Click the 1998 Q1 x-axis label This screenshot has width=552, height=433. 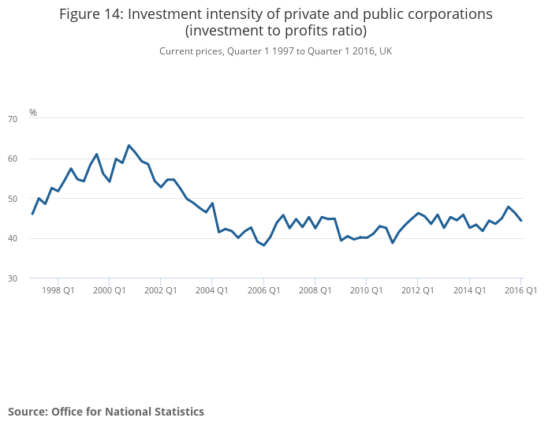click(59, 290)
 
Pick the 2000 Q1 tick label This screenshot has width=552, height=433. click(110, 290)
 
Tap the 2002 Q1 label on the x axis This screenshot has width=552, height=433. click(161, 290)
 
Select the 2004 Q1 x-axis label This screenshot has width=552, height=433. click(212, 290)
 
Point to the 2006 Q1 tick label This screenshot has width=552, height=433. click(263, 290)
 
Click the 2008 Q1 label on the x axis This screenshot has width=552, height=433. click(315, 290)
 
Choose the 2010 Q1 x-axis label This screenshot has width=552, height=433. click(366, 290)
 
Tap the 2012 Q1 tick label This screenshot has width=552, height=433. click(417, 290)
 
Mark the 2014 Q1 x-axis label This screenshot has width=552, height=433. click(468, 290)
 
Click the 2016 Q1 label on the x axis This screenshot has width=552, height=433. click(520, 290)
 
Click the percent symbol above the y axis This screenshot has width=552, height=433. click(33, 113)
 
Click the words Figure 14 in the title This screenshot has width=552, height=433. click(93, 14)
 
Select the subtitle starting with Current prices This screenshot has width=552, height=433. click(275, 51)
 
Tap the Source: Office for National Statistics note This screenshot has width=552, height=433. click(106, 412)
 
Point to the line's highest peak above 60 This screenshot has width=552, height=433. click(129, 145)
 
